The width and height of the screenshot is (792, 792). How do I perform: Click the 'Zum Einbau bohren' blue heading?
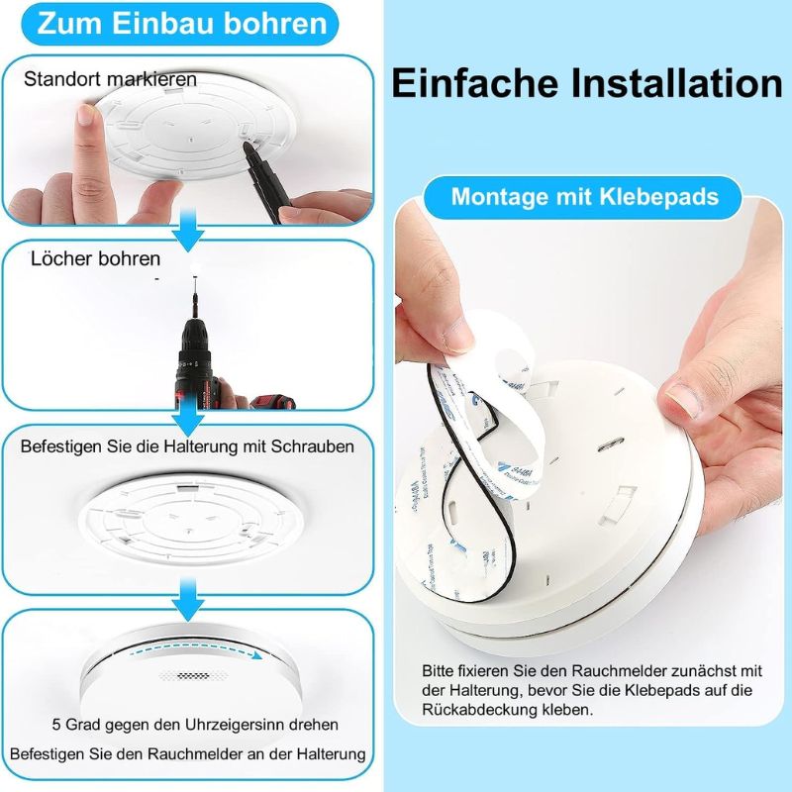click(181, 23)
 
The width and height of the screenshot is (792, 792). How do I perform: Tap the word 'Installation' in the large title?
click(677, 83)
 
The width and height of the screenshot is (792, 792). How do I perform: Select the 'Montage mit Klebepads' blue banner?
click(584, 196)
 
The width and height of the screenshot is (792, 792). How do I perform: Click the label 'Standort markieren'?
click(110, 79)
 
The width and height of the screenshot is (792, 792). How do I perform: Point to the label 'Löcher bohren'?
click(95, 258)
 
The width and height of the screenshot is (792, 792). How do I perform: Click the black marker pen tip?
click(247, 147)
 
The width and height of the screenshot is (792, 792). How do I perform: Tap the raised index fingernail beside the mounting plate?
click(86, 115)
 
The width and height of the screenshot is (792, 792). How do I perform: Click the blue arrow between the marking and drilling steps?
click(188, 233)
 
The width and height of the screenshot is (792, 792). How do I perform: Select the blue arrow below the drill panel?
click(188, 417)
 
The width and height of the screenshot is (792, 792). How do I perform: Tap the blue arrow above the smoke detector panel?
click(188, 601)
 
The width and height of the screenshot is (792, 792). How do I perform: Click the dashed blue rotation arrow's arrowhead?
click(257, 655)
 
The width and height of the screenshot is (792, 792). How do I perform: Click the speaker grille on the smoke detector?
click(184, 675)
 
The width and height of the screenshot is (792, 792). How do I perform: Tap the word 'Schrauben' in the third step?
click(313, 446)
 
